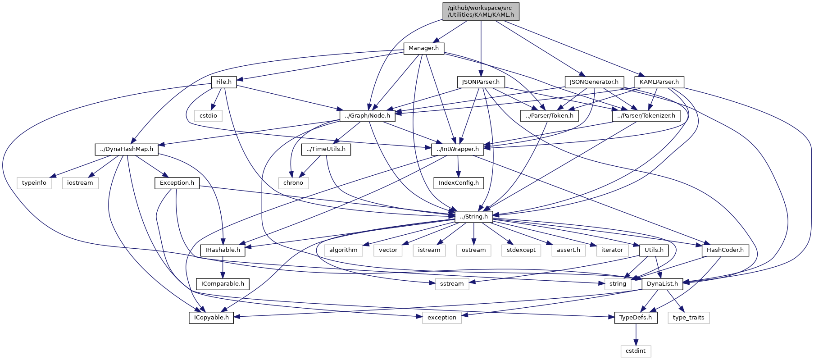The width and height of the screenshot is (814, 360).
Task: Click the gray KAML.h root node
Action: (x=481, y=11)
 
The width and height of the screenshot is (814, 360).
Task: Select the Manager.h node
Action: (x=423, y=48)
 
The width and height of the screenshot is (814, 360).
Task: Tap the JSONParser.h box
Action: (x=481, y=82)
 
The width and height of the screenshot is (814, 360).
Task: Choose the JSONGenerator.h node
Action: (x=594, y=82)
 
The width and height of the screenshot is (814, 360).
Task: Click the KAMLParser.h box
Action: (x=659, y=82)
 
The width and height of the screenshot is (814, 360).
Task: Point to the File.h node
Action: (x=224, y=82)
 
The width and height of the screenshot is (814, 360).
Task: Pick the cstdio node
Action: (x=208, y=116)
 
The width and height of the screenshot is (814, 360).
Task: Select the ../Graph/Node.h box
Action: (x=368, y=116)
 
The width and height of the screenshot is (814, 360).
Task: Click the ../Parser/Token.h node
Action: (x=550, y=116)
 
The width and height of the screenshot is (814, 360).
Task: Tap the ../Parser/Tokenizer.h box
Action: (x=646, y=116)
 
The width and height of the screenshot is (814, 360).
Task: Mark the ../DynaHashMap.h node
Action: (x=127, y=149)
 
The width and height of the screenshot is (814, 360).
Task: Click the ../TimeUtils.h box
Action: (x=326, y=149)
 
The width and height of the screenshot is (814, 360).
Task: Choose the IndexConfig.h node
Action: (x=458, y=183)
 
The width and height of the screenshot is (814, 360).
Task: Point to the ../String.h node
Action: (x=474, y=217)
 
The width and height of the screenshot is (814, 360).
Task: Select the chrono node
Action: (x=293, y=183)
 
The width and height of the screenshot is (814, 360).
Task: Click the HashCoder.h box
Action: (x=725, y=250)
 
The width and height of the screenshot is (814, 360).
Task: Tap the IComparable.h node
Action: (x=223, y=284)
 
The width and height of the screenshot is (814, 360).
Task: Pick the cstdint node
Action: (x=636, y=351)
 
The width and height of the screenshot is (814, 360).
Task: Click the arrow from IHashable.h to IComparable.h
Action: (x=223, y=267)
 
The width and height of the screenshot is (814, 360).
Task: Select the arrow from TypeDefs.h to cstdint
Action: (x=636, y=334)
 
